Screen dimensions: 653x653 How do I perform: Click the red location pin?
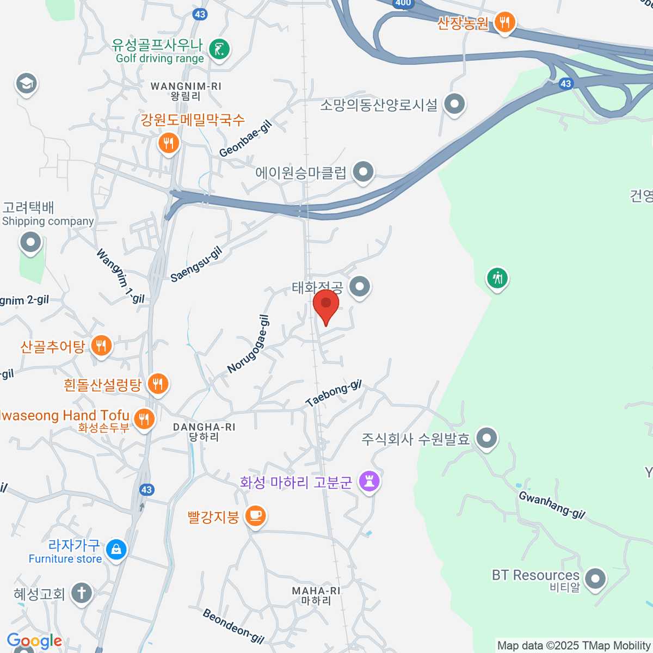[326, 305]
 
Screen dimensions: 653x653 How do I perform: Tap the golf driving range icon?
[219, 50]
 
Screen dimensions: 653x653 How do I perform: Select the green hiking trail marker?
[497, 279]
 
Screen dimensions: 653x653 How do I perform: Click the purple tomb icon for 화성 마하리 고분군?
[369, 481]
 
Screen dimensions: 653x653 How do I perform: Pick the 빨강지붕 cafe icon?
[255, 515]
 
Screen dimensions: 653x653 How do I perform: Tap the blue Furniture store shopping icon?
[116, 549]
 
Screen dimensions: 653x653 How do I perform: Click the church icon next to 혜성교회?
[82, 593]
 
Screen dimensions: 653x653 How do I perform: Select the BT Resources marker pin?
[595, 578]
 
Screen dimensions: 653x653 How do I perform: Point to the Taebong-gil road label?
[333, 393]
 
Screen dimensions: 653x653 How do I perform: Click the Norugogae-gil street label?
[248, 344]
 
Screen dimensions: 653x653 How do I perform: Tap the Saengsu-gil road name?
[196, 264]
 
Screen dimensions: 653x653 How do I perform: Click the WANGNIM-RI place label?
[186, 87]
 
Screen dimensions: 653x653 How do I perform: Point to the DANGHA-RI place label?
[204, 427]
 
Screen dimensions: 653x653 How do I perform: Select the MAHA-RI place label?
[316, 590]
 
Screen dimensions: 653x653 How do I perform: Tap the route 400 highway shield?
[403, 3]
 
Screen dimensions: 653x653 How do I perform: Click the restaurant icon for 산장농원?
[505, 22]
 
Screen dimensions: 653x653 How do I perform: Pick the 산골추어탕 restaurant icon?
[101, 346]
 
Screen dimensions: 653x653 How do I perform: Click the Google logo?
[34, 641]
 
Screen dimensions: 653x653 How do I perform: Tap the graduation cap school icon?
[26, 83]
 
